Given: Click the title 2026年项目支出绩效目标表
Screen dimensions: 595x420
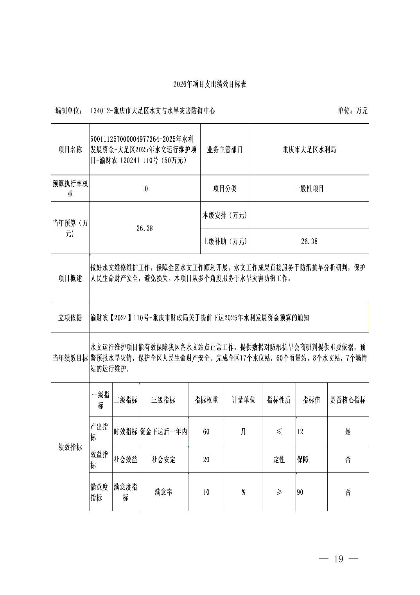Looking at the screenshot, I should [210, 85].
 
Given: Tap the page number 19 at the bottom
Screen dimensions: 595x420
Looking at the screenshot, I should [338, 559].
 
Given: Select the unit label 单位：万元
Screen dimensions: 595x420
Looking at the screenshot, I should [352, 111].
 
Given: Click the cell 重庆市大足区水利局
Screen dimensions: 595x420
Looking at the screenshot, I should [309, 150].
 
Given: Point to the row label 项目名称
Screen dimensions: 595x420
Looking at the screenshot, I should [70, 150].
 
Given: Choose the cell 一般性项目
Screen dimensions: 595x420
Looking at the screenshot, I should [309, 189].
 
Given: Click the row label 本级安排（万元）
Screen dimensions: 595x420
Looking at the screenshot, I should [225, 215].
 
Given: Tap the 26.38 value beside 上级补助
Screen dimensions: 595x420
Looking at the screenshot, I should [309, 241].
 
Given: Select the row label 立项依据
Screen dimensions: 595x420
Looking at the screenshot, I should [70, 317].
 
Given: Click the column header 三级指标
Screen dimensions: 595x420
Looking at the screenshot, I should [163, 400].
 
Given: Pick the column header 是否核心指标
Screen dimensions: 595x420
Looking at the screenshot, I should [348, 400].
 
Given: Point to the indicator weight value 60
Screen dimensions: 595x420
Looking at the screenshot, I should [206, 432].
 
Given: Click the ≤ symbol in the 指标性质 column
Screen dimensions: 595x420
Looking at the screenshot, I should [279, 432].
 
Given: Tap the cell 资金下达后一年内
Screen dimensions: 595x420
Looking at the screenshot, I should [163, 432].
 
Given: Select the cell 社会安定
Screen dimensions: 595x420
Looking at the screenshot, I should [163, 460].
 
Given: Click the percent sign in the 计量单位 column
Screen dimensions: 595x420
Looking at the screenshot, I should [243, 492].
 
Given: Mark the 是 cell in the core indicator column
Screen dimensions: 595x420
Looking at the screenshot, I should [348, 432].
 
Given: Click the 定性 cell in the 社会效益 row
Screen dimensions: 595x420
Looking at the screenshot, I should [279, 460].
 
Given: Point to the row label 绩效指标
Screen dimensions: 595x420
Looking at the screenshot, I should [70, 447].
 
